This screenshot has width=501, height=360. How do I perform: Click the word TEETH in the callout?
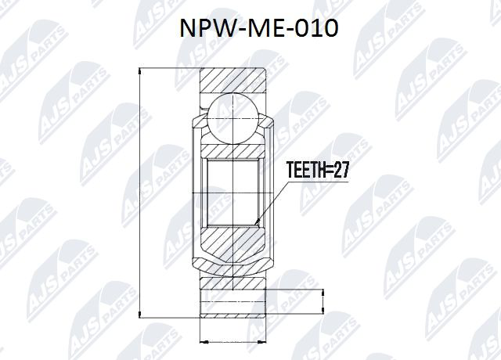[x=306, y=171]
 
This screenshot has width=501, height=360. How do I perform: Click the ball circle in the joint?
[x=232, y=118]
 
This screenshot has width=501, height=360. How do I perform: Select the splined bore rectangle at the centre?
[x=232, y=192]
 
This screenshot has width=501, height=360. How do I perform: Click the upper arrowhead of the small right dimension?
[x=322, y=290]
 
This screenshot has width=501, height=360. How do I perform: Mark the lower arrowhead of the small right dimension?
[x=322, y=313]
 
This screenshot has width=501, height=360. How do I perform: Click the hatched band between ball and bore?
[x=232, y=149]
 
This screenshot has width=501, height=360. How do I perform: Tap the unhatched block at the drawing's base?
[x=233, y=302]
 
